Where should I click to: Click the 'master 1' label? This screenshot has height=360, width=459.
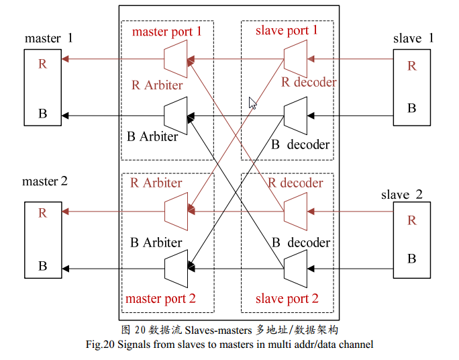pos(48,38)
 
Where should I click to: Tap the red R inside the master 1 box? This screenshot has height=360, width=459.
pos(42,64)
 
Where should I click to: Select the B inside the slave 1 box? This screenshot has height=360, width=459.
pos(412,107)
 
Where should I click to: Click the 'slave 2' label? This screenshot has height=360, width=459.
pos(402,195)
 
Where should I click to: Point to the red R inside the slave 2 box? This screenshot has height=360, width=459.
pos(412,220)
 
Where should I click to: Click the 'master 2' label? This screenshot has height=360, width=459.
pos(45,181)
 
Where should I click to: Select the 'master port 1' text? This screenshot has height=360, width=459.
pos(166,31)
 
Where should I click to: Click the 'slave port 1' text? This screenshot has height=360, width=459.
pos(287,30)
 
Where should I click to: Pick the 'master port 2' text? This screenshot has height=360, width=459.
pos(161,298)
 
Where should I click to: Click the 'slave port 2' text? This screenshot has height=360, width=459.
pos(287,298)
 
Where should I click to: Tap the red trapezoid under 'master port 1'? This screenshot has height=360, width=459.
pos(175,59)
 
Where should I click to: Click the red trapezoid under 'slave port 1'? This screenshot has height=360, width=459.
pos(295,59)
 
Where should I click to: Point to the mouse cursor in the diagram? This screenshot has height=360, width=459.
pos(252,103)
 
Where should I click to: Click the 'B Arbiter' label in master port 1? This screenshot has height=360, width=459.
pos(152,136)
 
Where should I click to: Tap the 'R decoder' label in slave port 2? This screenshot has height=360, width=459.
pos(295,183)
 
